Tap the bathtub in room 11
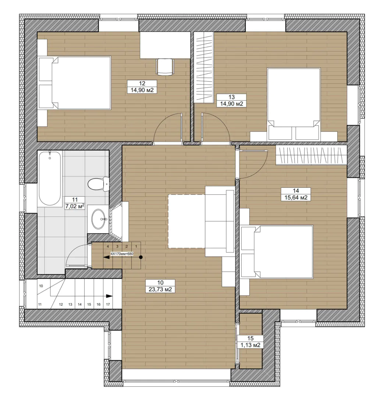click(x=50, y=178)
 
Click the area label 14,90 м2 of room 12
click(x=142, y=90)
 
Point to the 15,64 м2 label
click(x=296, y=197)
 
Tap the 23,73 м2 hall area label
click(x=160, y=289)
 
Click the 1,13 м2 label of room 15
click(x=250, y=345)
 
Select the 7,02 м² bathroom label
click(x=75, y=206)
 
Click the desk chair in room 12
click(x=165, y=67)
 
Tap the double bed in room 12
click(x=75, y=83)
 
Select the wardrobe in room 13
click(x=204, y=67)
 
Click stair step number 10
click(x=41, y=286)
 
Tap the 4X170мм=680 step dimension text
click(x=122, y=253)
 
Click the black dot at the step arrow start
click(x=141, y=257)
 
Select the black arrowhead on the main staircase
click(x=109, y=296)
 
